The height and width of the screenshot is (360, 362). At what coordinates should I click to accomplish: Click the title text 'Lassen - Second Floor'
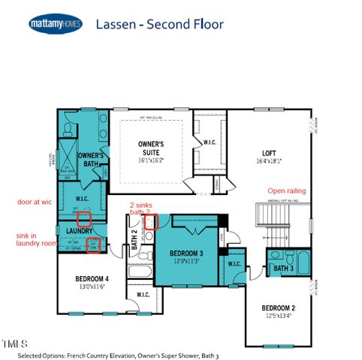coord(159,24)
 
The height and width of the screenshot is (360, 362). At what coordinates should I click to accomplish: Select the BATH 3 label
coord(282,268)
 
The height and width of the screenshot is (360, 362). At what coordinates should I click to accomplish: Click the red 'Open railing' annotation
coord(288,191)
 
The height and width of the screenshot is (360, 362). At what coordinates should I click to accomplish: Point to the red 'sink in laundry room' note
coord(35,238)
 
